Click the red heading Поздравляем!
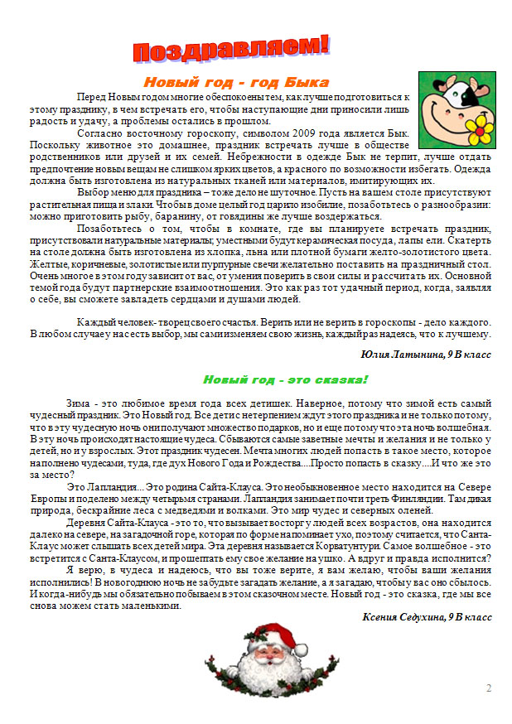click(x=231, y=49)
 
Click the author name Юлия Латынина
click(x=401, y=354)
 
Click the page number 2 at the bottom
click(x=489, y=688)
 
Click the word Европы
click(x=47, y=500)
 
